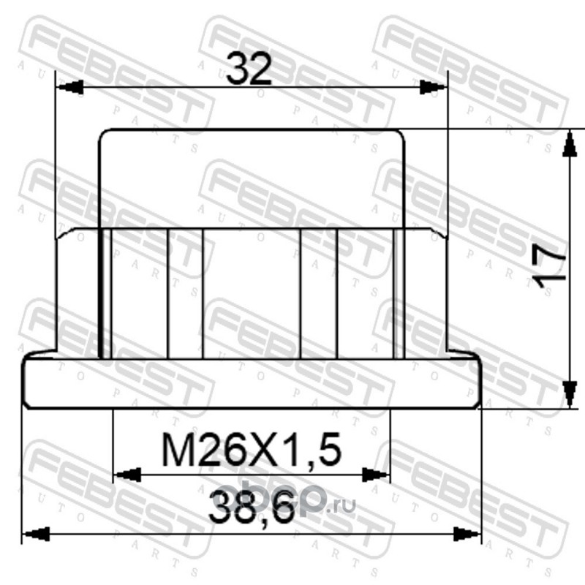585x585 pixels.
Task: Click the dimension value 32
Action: (249, 68)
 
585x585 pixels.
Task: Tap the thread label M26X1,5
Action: (252, 450)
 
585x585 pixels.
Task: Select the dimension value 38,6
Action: (252, 507)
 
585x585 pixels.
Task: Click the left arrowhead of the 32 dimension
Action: (69, 87)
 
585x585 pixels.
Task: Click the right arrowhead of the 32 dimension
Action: (433, 87)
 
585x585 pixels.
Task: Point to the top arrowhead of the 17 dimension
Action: (569, 143)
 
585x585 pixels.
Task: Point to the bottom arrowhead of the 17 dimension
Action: (569, 394)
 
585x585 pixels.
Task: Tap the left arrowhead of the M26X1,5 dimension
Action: (127, 475)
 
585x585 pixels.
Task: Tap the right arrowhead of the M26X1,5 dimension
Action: (375, 475)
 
